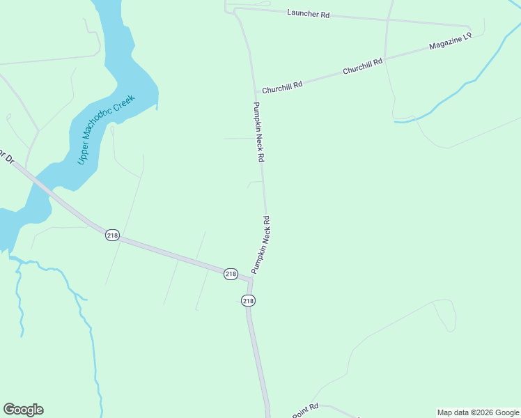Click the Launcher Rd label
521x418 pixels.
[x=308, y=13]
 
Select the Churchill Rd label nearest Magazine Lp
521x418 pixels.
[x=362, y=67]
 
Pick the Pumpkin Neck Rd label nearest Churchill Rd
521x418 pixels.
[x=258, y=132]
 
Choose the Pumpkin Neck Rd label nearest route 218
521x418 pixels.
[x=260, y=244]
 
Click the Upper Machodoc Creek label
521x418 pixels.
[x=106, y=130]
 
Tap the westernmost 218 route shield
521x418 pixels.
[x=112, y=235]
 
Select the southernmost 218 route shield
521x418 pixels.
[x=248, y=300]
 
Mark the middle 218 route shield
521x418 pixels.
[x=231, y=274]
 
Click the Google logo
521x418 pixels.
[x=23, y=410]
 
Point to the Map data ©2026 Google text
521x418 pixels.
[x=479, y=412]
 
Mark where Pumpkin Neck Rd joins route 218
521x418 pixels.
[x=250, y=279]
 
